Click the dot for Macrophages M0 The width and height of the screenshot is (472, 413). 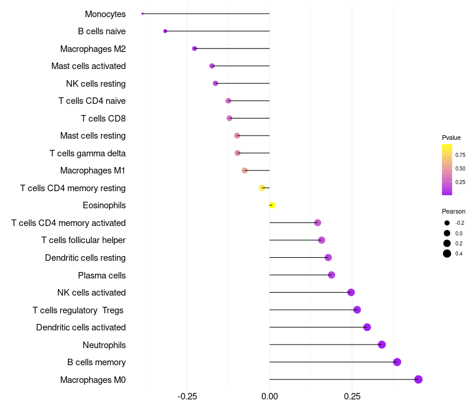[418, 379]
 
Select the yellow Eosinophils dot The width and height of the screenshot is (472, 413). [272, 205]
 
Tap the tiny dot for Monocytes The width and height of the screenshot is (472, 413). [143, 14]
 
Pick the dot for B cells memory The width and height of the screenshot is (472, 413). [397, 362]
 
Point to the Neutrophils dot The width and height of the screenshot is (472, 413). [382, 345]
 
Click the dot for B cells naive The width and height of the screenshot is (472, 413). [165, 31]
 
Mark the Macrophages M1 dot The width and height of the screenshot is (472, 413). [245, 171]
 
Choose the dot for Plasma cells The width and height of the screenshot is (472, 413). [332, 275]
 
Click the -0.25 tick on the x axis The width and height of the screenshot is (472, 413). [187, 395]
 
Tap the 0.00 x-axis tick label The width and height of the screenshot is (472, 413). [270, 395]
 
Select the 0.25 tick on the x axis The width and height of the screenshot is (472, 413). [352, 395]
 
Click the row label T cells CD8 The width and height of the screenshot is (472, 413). [103, 119]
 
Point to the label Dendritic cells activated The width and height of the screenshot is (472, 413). [81, 327]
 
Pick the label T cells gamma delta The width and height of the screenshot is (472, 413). [87, 153]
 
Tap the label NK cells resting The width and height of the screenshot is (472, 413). [96, 84]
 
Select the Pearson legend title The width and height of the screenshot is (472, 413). [454, 211]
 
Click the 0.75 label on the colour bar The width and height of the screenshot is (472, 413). [460, 155]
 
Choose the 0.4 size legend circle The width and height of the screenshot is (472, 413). [447, 254]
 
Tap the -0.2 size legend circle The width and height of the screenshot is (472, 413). [447, 223]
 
